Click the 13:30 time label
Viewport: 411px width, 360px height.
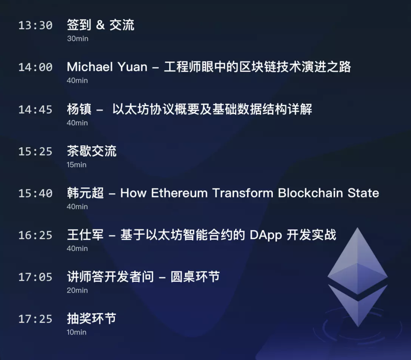click(35, 25)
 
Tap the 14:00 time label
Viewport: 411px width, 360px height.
click(35, 67)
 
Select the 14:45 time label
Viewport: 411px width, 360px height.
click(35, 110)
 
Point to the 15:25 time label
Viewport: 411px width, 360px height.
click(35, 151)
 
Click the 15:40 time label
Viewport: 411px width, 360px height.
click(35, 193)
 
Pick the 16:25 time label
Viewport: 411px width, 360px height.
click(35, 235)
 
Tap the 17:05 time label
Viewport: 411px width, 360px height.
click(35, 277)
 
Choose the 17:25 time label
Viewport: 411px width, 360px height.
click(35, 319)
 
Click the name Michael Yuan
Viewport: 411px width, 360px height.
click(107, 67)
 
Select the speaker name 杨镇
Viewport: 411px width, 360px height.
click(79, 109)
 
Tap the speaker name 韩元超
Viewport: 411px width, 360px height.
click(85, 193)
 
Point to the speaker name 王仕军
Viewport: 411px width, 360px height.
click(85, 235)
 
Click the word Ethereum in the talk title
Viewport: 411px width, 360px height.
click(179, 193)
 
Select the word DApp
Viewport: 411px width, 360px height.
click(266, 236)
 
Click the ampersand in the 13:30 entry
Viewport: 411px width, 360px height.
click(100, 25)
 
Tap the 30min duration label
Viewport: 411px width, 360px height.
click(78, 39)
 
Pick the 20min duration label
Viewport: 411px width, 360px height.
click(77, 290)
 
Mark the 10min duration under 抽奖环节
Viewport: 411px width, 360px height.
click(76, 332)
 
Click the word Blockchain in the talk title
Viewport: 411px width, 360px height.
click(310, 193)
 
